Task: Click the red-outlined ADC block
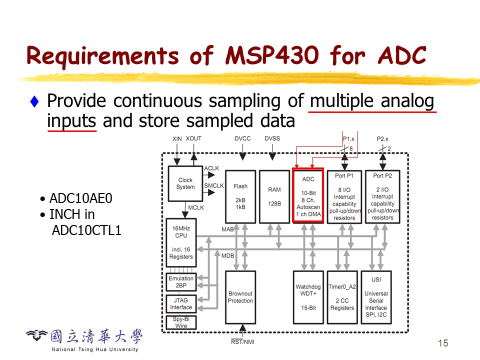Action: pos(308,195)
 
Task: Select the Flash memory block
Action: pos(240,196)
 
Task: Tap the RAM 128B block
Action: pos(274,196)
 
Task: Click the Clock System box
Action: pos(185,184)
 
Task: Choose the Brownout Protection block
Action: pos(240,297)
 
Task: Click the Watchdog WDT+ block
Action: pos(308,297)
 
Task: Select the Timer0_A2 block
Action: pos(342,297)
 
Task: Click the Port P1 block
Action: pos(344,196)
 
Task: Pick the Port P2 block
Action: pos(382,196)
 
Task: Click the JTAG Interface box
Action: pos(181,303)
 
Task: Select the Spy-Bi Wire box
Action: pos(181,322)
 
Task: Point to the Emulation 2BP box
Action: pos(181,282)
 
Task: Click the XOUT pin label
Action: pos(194,138)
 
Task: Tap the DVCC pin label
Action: pos(242,138)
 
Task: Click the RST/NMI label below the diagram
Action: pos(242,342)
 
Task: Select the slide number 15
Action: pos(442,343)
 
